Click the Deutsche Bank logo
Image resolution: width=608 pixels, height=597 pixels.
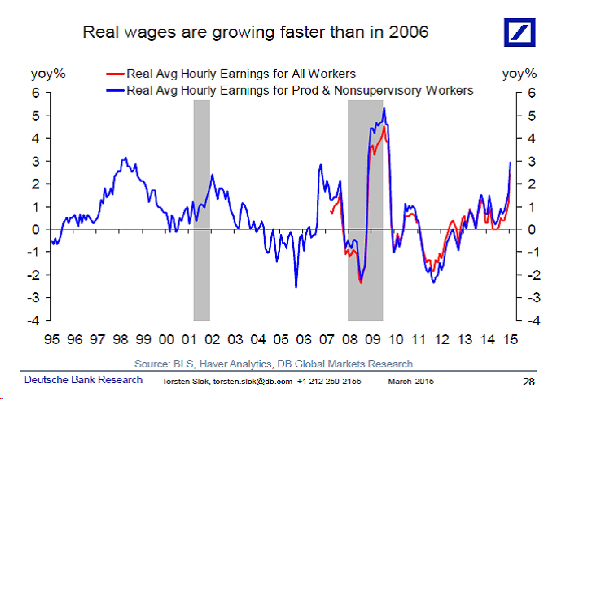pyautogui.click(x=519, y=32)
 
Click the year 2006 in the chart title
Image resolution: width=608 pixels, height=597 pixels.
pyautogui.click(x=408, y=32)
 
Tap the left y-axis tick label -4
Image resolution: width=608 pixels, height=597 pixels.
pyautogui.click(x=33, y=321)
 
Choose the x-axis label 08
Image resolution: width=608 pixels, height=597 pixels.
pyautogui.click(x=350, y=340)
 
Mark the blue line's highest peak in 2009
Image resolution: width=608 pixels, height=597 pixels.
pyautogui.click(x=384, y=108)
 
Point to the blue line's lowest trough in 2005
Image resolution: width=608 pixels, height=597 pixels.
pyautogui.click(x=296, y=287)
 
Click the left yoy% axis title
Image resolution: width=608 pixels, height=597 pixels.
pyautogui.click(x=48, y=74)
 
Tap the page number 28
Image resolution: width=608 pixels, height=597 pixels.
pyautogui.click(x=529, y=382)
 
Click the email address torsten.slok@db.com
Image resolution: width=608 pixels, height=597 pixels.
pyautogui.click(x=253, y=381)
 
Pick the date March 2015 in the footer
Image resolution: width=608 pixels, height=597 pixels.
pyautogui.click(x=411, y=381)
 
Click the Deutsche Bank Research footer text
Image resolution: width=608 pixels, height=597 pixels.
pyautogui.click(x=83, y=380)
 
